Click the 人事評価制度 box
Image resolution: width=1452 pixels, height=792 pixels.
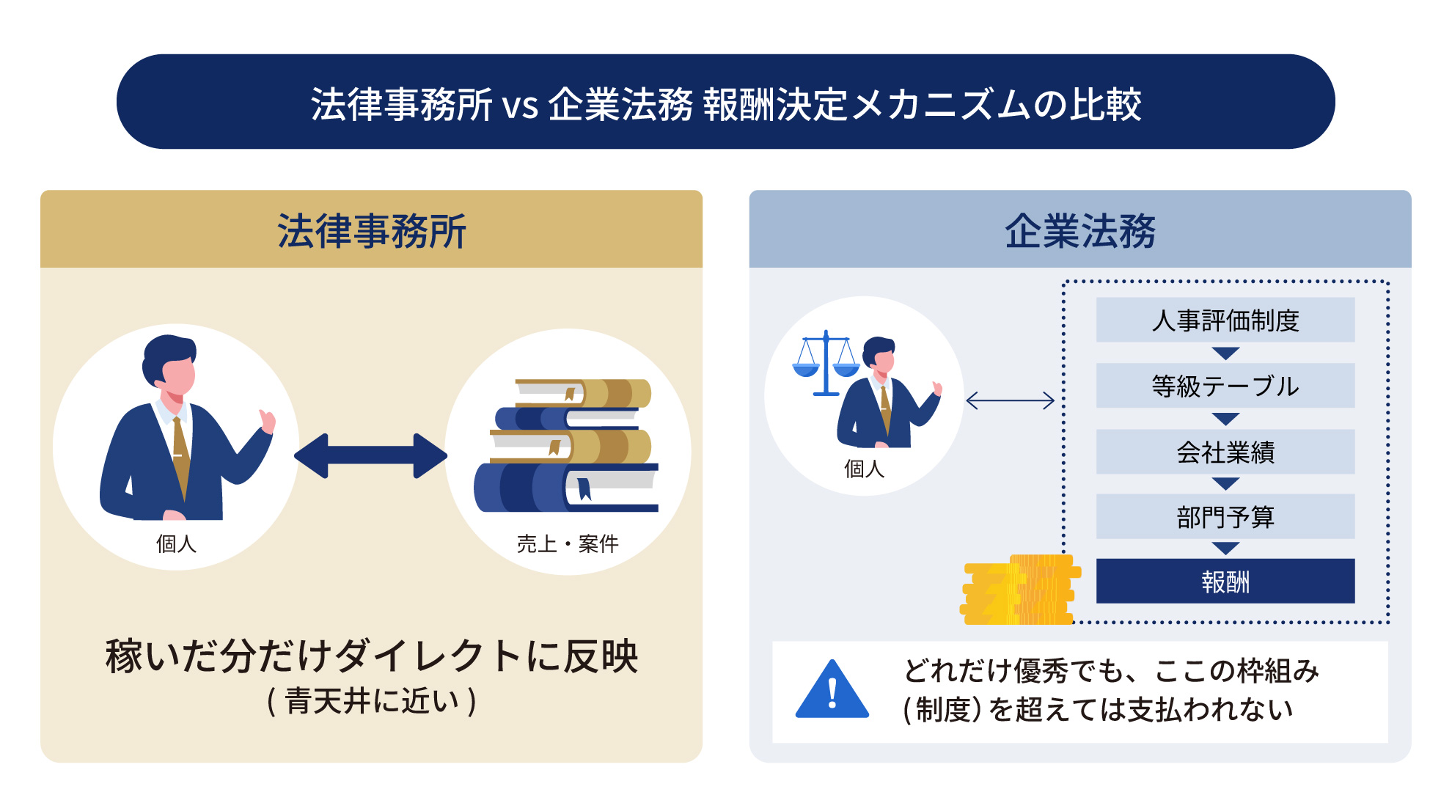[1225, 320]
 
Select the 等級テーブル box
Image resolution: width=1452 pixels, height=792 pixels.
[1225, 386]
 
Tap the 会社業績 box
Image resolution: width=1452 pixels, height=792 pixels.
[1225, 452]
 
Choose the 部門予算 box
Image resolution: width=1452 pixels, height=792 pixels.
[1225, 516]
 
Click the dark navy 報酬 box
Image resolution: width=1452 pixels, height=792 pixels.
[1225, 582]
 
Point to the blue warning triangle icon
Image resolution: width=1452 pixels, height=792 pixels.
[832, 692]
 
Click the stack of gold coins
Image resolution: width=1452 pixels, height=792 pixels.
[1019, 591]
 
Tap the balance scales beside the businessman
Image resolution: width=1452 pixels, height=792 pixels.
[826, 363]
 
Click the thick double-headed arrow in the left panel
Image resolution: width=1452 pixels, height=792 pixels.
[370, 455]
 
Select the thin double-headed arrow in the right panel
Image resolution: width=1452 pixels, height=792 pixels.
[1010, 400]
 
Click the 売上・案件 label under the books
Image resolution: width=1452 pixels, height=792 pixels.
[567, 543]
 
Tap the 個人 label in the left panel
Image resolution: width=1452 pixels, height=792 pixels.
[176, 543]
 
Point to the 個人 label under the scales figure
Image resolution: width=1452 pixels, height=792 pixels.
[864, 469]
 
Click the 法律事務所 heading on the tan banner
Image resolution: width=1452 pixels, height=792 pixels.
[371, 231]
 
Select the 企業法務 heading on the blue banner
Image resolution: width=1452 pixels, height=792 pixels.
[1079, 231]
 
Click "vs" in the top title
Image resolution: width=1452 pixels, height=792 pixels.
[520, 105]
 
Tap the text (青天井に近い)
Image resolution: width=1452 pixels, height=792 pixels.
[371, 701]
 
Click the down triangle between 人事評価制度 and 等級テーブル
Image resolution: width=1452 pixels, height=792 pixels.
[1225, 353]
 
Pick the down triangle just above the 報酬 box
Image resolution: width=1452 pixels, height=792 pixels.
[1225, 549]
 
